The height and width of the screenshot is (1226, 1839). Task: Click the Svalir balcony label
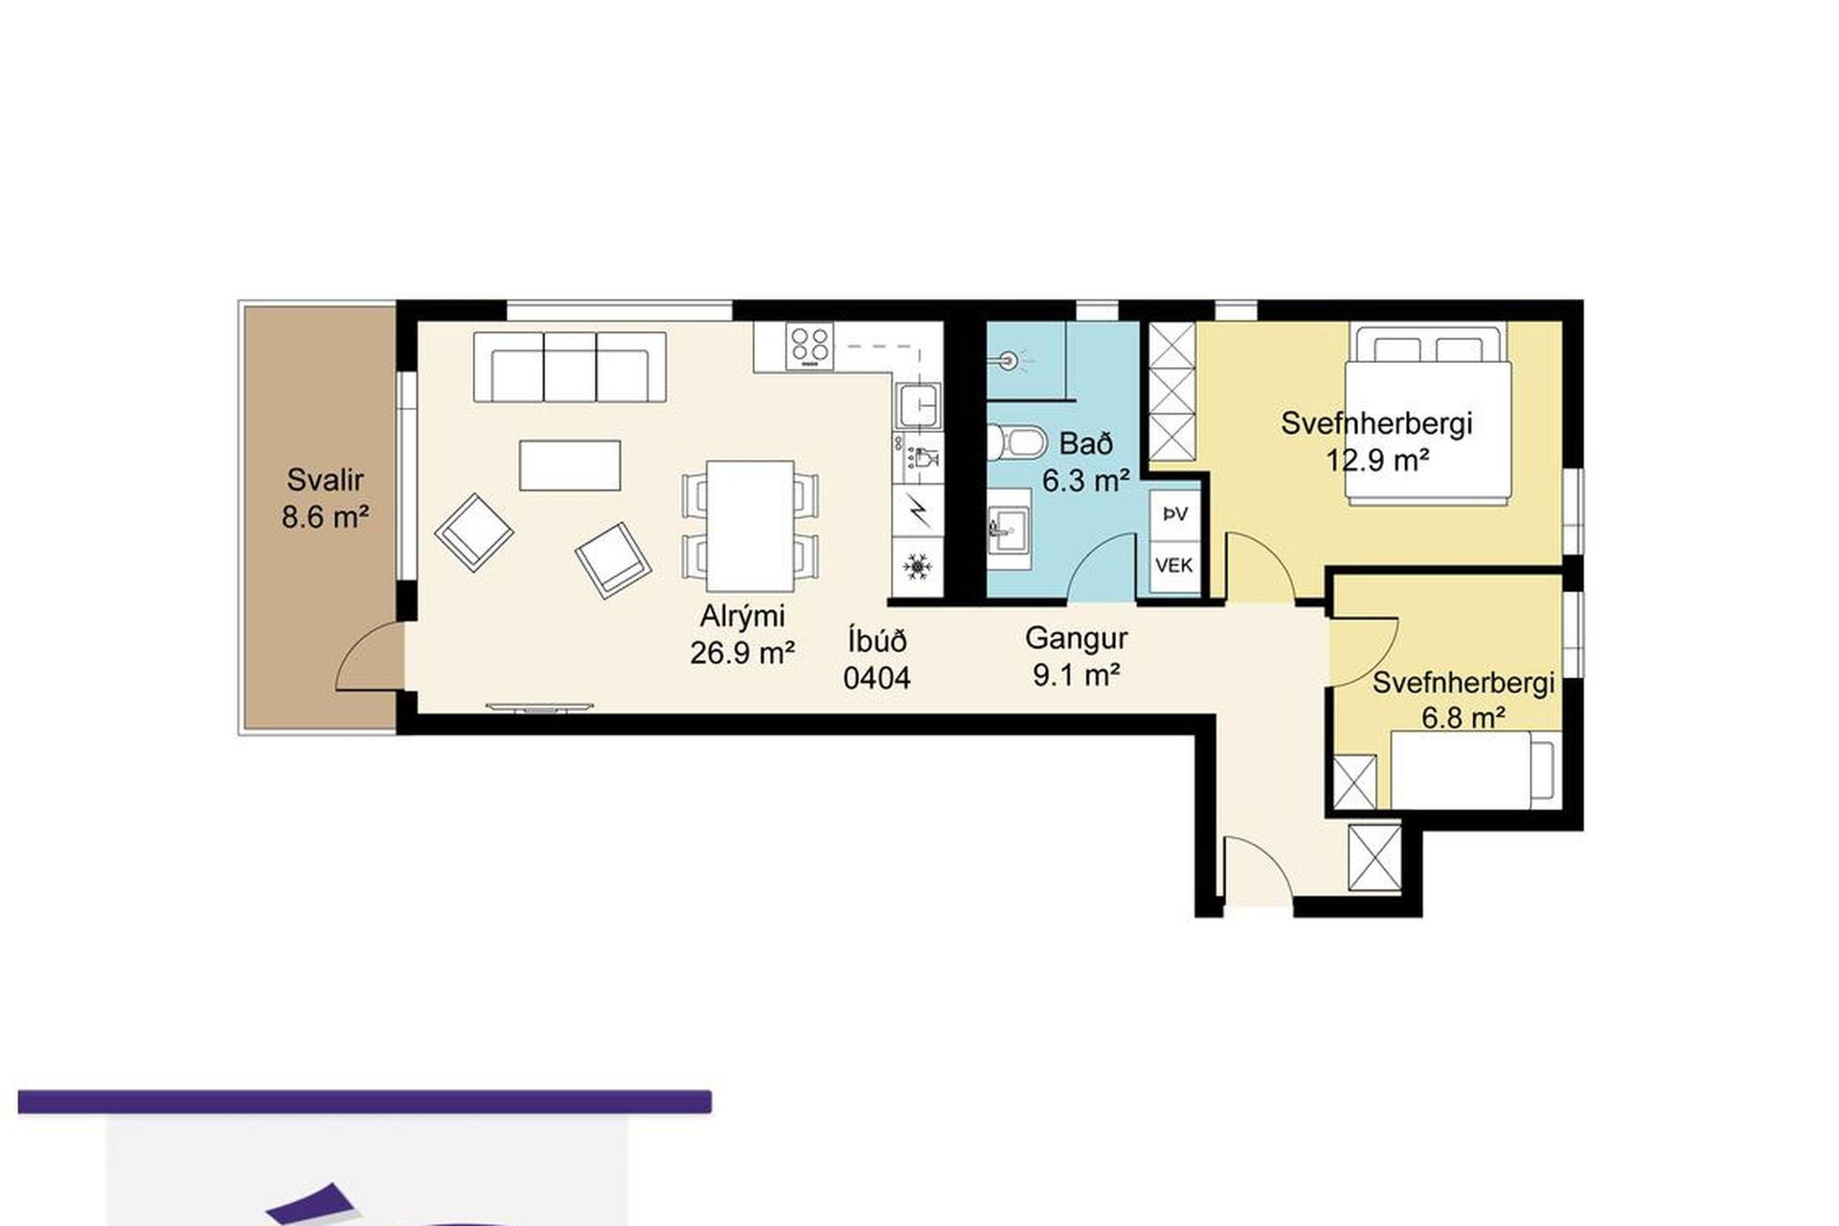coord(325,480)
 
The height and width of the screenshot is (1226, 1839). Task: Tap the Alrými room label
coord(741,616)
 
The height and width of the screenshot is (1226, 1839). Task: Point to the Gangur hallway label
coord(1076,638)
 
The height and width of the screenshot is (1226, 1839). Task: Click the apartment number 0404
coord(876,678)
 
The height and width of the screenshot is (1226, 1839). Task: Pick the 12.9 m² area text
coord(1377,461)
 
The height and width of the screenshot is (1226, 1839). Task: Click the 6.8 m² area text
coord(1463,716)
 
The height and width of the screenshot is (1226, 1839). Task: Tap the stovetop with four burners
coord(809,346)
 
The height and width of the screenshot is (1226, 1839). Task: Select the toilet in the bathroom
coord(1014,443)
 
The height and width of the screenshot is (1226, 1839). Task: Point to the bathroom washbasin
coord(1009,528)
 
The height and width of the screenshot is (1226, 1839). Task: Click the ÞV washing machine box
coord(1174,514)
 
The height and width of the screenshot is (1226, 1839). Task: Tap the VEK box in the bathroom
coord(1174,565)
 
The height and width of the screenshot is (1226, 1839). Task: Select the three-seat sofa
coord(570,368)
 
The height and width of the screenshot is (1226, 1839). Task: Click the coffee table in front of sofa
coord(570,465)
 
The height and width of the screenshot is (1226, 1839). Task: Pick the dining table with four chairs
coord(750,526)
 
